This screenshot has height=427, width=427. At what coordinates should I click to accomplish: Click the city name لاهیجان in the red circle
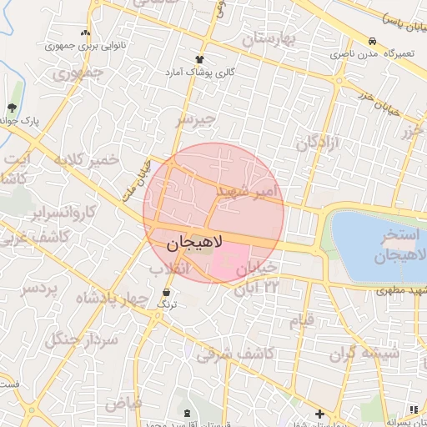click(188, 243)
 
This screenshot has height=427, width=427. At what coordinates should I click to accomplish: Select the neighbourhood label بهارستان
click(270, 38)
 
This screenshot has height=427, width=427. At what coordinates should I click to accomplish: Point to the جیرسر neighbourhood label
click(195, 119)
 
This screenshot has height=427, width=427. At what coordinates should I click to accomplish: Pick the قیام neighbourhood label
click(301, 320)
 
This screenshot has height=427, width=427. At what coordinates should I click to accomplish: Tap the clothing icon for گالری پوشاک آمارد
click(199, 59)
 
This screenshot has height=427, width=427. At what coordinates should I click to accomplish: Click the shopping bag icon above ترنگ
click(168, 293)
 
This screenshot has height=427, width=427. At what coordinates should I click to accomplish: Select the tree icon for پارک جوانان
click(12, 108)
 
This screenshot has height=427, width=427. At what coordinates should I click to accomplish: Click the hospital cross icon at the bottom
click(319, 414)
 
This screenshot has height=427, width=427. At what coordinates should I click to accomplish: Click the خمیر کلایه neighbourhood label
click(87, 159)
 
